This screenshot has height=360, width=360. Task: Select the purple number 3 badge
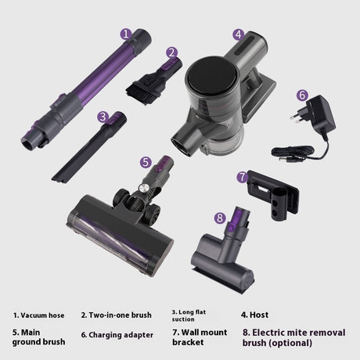103,117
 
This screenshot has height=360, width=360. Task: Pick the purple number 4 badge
239,34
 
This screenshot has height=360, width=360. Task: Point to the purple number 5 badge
146,162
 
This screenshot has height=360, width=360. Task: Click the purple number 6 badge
302,95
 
